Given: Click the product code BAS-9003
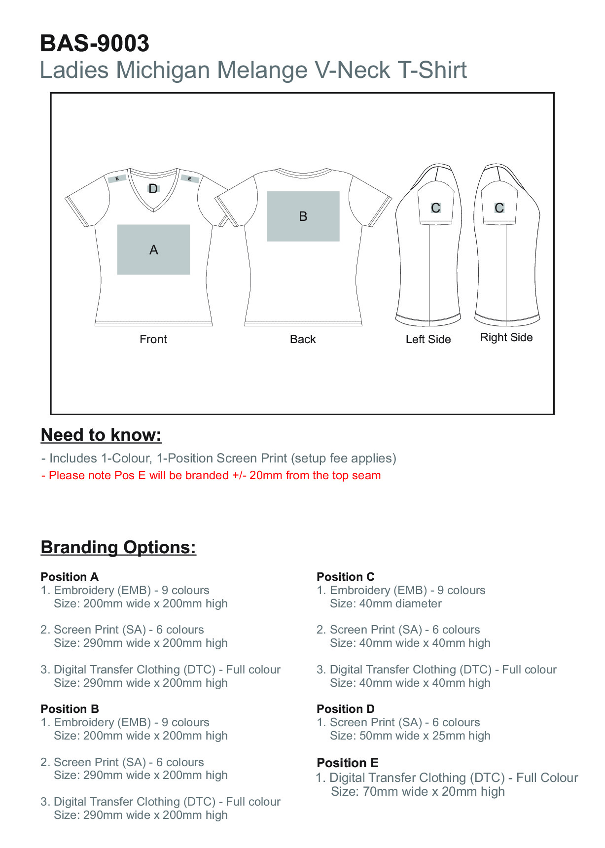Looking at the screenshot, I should (94, 43).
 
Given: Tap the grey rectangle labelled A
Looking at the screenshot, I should (153, 249).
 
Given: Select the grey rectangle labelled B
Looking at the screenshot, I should (303, 216).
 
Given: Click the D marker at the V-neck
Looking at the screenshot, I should (153, 188).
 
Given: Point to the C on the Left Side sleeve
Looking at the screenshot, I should (435, 208).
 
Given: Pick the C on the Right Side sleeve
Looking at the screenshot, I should (499, 208).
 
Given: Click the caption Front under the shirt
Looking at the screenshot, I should (153, 339).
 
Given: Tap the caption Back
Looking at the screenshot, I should (303, 339).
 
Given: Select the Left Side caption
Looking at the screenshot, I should (428, 339).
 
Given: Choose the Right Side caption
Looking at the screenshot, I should (506, 337).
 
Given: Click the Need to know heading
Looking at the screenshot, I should (101, 435).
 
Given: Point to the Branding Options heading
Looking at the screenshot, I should (118, 547).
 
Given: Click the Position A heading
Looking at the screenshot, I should (70, 576).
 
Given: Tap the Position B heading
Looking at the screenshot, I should (70, 708).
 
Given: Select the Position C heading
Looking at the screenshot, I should (345, 576).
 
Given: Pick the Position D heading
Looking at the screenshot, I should (345, 708).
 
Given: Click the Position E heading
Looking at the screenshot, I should (347, 763).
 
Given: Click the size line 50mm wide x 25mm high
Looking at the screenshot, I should (410, 736).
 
